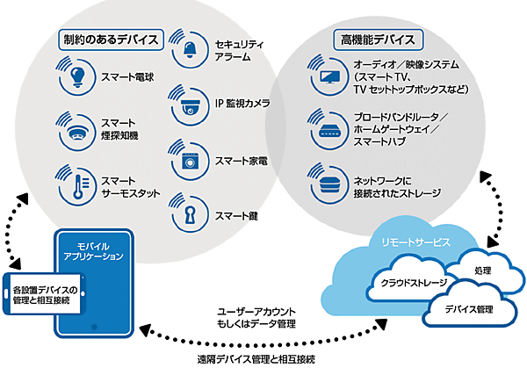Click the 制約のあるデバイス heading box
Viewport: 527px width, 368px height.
(111, 40)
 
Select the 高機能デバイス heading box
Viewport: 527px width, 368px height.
(379, 40)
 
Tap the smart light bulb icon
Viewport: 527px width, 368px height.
(78, 75)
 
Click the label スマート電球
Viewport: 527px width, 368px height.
(128, 77)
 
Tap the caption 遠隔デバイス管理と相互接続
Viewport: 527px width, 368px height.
(255, 360)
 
